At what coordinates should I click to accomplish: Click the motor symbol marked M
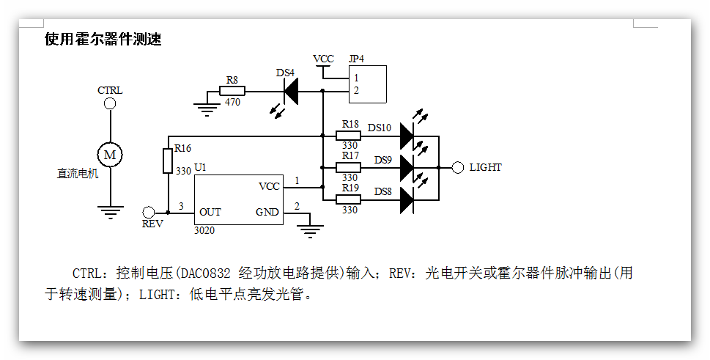(110, 154)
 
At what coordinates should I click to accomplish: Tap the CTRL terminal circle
(110, 103)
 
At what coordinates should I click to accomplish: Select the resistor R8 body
(233, 91)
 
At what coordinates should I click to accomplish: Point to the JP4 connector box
(367, 84)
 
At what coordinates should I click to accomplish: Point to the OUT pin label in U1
(210, 213)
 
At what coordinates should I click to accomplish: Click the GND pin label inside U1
(267, 213)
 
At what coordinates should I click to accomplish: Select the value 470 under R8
(232, 103)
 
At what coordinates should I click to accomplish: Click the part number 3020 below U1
(204, 230)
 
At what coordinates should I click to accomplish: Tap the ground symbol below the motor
(110, 212)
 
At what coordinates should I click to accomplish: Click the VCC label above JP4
(323, 59)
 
